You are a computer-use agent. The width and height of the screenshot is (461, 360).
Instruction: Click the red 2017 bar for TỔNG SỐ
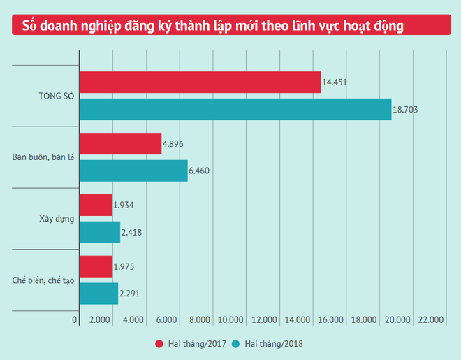200,82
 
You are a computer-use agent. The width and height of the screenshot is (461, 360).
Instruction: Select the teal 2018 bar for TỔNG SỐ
235,109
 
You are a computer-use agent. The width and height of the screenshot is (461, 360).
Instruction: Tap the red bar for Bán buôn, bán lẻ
120,144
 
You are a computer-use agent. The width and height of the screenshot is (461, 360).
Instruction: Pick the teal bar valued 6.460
133,171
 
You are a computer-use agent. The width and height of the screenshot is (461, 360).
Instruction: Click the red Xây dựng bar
96,206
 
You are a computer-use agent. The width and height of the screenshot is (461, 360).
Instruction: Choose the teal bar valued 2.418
100,232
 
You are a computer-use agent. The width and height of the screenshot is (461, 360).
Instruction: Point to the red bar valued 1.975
96,266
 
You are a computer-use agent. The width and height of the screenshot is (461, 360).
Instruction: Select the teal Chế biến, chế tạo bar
98,293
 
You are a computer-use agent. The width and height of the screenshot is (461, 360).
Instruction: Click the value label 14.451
335,82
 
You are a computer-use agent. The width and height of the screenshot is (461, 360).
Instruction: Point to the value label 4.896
173,144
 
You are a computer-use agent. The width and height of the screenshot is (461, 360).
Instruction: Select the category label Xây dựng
57,219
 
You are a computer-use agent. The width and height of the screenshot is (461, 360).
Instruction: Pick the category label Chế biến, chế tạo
43,280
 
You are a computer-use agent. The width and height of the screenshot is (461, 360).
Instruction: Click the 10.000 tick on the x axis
232,320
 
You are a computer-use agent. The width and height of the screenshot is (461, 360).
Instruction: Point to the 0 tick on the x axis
75,320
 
